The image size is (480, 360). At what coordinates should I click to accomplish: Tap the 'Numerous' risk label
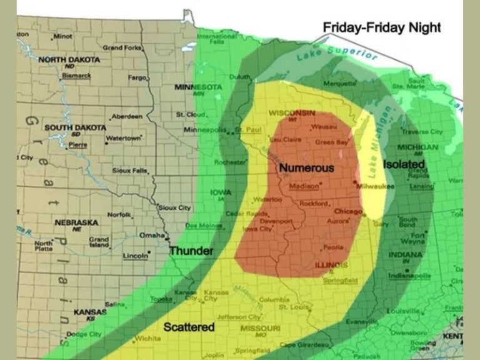point(306,168)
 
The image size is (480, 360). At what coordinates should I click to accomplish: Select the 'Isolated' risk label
point(404,164)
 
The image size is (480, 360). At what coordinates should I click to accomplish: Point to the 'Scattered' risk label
point(189,327)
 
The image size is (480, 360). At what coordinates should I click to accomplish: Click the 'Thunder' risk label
point(191,251)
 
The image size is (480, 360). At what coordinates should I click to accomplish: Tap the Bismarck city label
point(76,76)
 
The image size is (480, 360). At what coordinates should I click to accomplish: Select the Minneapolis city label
point(204,130)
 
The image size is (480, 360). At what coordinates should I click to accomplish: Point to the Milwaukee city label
point(375,186)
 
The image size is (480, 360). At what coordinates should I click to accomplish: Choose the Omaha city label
point(151,235)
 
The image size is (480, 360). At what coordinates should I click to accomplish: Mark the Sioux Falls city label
point(130,170)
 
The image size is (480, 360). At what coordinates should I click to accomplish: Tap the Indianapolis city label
point(410,276)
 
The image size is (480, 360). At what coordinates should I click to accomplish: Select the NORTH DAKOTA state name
point(69,59)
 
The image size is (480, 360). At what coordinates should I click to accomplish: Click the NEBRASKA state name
point(77,222)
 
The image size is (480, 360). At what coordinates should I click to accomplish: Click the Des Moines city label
point(203,226)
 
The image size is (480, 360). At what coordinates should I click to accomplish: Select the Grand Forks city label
point(121,47)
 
